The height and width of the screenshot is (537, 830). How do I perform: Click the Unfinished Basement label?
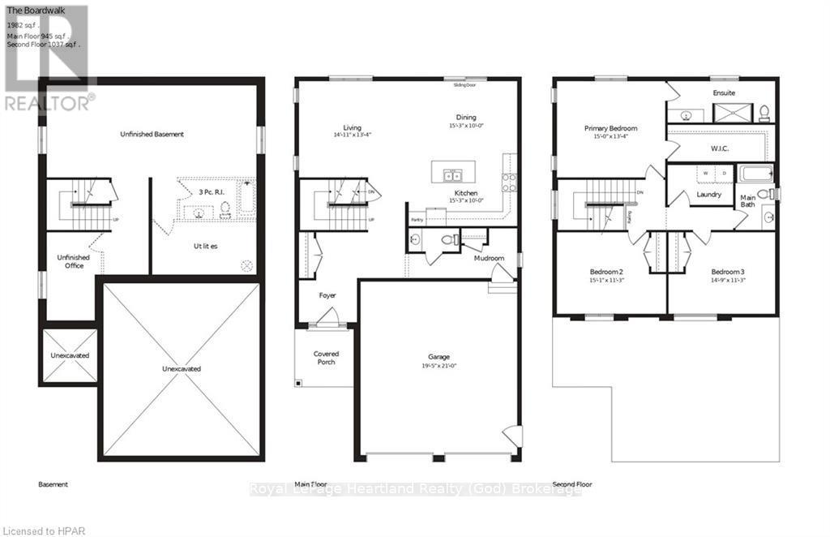152,134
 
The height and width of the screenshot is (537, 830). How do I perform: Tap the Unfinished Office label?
72,262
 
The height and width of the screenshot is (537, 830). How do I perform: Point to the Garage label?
439,357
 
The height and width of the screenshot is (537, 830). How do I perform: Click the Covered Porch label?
326,358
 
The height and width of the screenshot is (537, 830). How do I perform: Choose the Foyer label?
327,296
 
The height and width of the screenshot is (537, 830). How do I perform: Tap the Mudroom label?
489,258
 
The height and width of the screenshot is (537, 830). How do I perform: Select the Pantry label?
417,219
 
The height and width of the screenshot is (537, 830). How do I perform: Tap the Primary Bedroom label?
611,128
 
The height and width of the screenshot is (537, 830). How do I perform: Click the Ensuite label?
724,93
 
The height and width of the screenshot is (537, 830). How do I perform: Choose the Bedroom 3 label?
728,271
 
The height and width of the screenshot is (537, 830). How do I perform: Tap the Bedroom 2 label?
605,271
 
